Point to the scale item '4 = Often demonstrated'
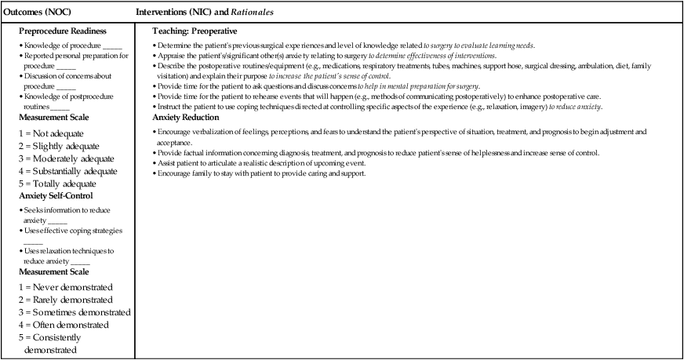(63, 325)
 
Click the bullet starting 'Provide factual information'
(377, 152)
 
